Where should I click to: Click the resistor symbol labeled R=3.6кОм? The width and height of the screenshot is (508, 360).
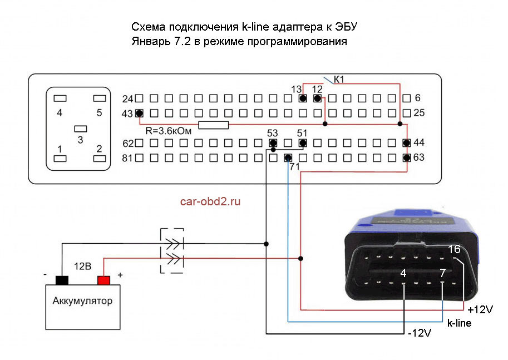click(214, 125)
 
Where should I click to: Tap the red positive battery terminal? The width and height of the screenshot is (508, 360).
click(103, 280)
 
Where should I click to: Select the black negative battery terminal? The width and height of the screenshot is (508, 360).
click(61, 280)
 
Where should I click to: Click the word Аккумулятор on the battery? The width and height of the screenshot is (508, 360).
click(82, 302)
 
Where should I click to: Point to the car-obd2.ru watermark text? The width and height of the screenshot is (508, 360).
click(210, 201)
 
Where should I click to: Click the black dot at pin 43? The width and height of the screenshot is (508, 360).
click(139, 114)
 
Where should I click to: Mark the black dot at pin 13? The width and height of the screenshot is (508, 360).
click(302, 98)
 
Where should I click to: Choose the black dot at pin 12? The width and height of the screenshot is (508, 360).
click(317, 98)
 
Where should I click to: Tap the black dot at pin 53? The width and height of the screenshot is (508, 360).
click(273, 144)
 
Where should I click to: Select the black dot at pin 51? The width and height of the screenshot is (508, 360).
click(303, 144)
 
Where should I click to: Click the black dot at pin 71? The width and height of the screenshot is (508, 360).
click(288, 158)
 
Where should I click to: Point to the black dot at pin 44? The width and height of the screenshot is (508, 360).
click(407, 144)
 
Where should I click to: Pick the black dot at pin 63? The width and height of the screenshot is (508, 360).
click(407, 158)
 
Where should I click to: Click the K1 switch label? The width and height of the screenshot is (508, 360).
click(338, 80)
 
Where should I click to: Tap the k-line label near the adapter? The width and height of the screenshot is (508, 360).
click(460, 322)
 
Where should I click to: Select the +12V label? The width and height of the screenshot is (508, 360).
click(480, 309)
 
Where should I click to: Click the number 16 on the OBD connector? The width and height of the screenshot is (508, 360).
click(454, 249)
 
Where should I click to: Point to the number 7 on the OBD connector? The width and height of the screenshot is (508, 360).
click(442, 273)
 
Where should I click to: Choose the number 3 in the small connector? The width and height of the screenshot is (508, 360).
click(80, 140)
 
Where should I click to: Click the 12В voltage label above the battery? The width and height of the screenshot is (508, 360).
click(82, 267)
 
